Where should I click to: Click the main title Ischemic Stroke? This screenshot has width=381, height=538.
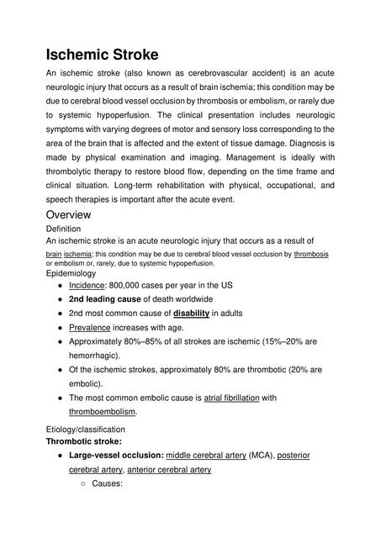tap(102, 55)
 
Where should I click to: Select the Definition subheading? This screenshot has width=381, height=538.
tap(63, 228)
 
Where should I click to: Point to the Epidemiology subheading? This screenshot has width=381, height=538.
tap(71, 273)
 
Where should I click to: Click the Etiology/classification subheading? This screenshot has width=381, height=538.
tap(85, 429)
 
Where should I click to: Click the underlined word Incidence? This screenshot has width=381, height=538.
tap(87, 285)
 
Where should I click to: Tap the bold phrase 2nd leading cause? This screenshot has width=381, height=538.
tap(105, 299)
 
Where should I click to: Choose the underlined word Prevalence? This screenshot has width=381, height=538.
tap(91, 328)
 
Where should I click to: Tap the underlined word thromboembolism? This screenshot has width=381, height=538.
tap(103, 412)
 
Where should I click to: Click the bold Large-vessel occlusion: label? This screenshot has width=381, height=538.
tap(116, 455)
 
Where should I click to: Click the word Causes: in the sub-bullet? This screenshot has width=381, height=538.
tap(108, 484)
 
